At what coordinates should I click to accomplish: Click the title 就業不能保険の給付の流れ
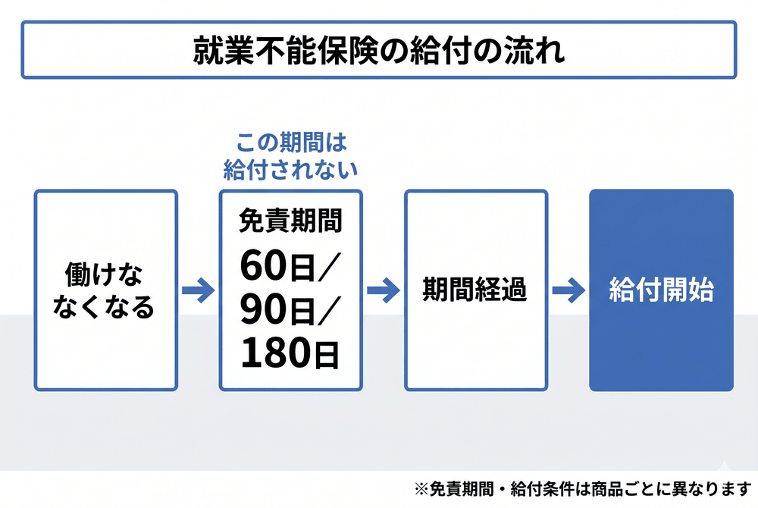pos(379,50)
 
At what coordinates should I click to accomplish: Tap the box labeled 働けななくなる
pos(106,290)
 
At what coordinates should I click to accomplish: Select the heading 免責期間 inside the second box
pos(290,221)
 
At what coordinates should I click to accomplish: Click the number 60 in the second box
pos(264,265)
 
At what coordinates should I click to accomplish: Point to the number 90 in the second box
pos(264,309)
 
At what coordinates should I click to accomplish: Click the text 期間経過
pos(475,290)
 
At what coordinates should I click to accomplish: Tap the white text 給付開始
pos(661,290)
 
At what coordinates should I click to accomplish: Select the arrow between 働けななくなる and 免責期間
pos(198,290)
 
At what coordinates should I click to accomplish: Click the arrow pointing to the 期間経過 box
pos(384,290)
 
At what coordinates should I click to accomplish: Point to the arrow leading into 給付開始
pos(568,290)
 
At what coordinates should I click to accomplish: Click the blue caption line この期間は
pos(291,143)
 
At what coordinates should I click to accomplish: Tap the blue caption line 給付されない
pos(290,170)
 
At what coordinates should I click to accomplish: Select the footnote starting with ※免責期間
pos(582,489)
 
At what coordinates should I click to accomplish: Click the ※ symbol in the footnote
pos(421,489)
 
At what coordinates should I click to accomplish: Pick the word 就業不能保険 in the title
pos(285,50)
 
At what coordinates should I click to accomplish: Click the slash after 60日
pos(329,267)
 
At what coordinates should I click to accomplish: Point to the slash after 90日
pos(329,311)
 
